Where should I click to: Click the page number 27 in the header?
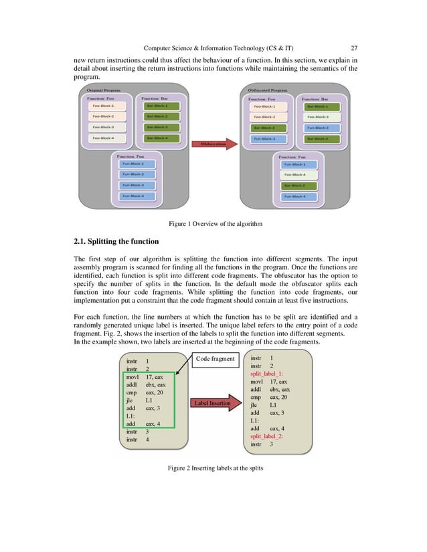[x=354, y=47]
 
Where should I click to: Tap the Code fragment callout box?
[x=216, y=360]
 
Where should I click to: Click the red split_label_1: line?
[x=266, y=374]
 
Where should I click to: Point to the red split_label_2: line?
[x=266, y=435]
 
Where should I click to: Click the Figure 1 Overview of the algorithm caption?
[x=214, y=223]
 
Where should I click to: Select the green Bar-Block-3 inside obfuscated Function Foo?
[x=264, y=128]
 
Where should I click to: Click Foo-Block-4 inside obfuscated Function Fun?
[x=294, y=174]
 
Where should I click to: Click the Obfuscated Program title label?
[x=268, y=90]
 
